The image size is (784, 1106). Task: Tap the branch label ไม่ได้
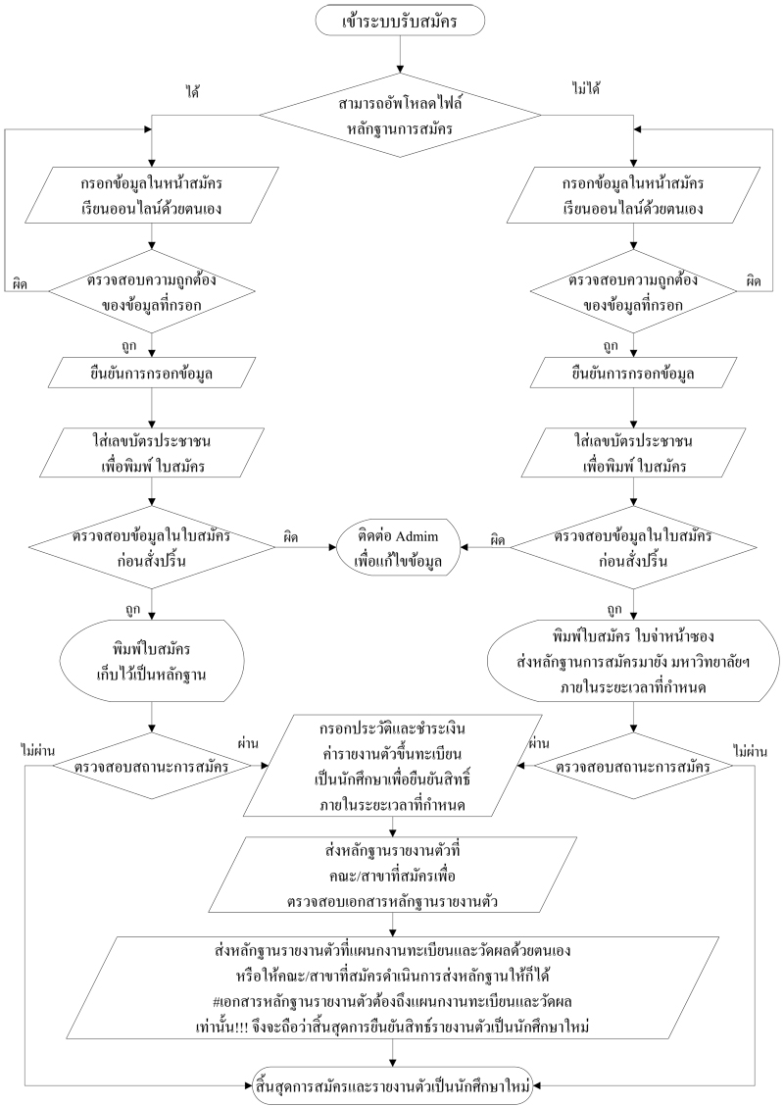[585, 89]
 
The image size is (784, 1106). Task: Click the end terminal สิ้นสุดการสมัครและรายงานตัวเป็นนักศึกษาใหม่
[392, 1084]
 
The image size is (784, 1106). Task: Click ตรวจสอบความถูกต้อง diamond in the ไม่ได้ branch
[632, 291]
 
